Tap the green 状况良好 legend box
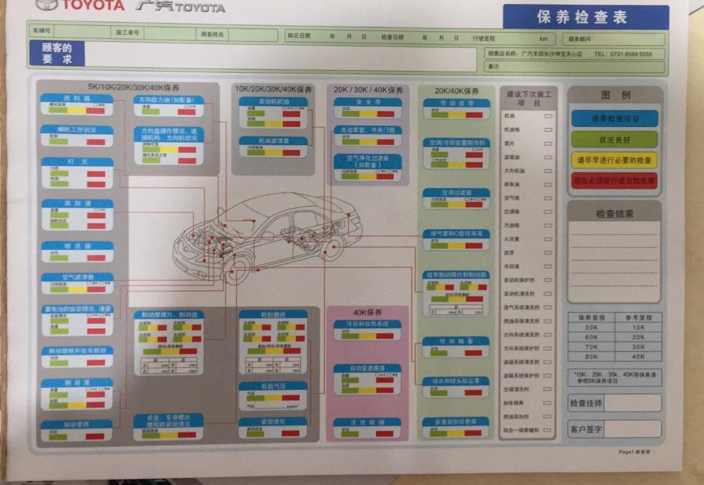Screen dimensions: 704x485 [x=614, y=139]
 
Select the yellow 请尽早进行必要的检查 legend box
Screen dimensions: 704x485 [x=614, y=160]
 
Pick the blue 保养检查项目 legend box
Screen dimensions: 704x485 [x=614, y=118]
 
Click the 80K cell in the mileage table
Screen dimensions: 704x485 [x=591, y=357]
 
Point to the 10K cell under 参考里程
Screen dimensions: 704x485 [x=638, y=327]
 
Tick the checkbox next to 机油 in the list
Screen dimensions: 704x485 [x=548, y=116]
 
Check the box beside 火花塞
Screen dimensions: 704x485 [x=548, y=239]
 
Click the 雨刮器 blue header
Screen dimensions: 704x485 [x=77, y=99]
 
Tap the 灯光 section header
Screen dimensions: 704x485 [x=77, y=162]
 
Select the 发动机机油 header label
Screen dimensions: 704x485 [x=274, y=101]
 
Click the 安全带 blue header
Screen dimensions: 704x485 [x=368, y=101]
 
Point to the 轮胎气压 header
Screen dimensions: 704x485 [x=273, y=386]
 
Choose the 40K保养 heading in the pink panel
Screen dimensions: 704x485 [x=368, y=312]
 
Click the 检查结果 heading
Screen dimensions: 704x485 [x=614, y=214]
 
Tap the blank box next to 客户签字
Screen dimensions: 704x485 [x=632, y=428]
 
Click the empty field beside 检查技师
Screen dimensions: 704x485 [x=632, y=403]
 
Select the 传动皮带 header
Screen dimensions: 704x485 [x=456, y=103]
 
